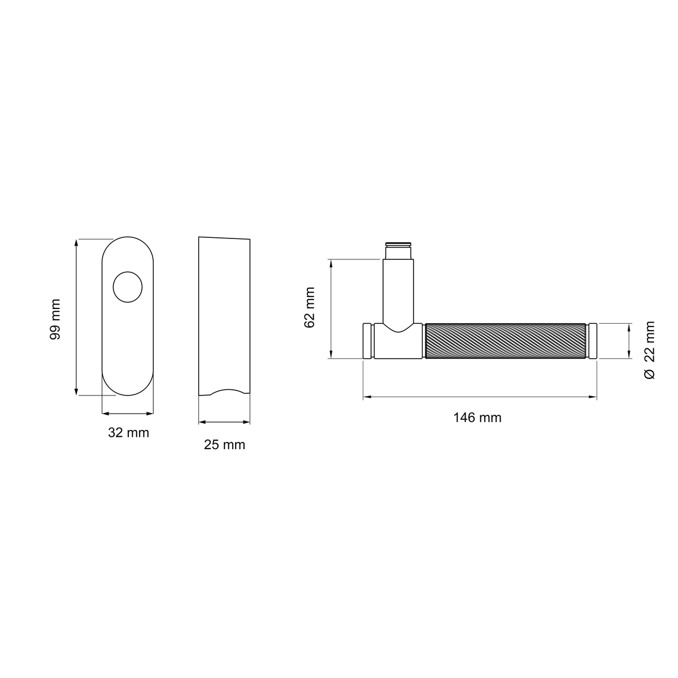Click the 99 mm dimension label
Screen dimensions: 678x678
click(55, 319)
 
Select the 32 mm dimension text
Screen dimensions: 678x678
click(128, 432)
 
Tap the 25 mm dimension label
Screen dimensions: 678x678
click(224, 445)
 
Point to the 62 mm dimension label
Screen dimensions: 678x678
click(309, 307)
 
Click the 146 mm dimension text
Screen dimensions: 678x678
click(477, 418)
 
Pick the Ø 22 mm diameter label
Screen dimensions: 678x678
click(650, 350)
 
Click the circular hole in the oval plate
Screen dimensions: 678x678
click(127, 287)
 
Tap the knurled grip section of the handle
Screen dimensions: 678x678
click(505, 341)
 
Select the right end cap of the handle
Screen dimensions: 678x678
click(593, 341)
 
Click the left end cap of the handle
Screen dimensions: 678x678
click(367, 341)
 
